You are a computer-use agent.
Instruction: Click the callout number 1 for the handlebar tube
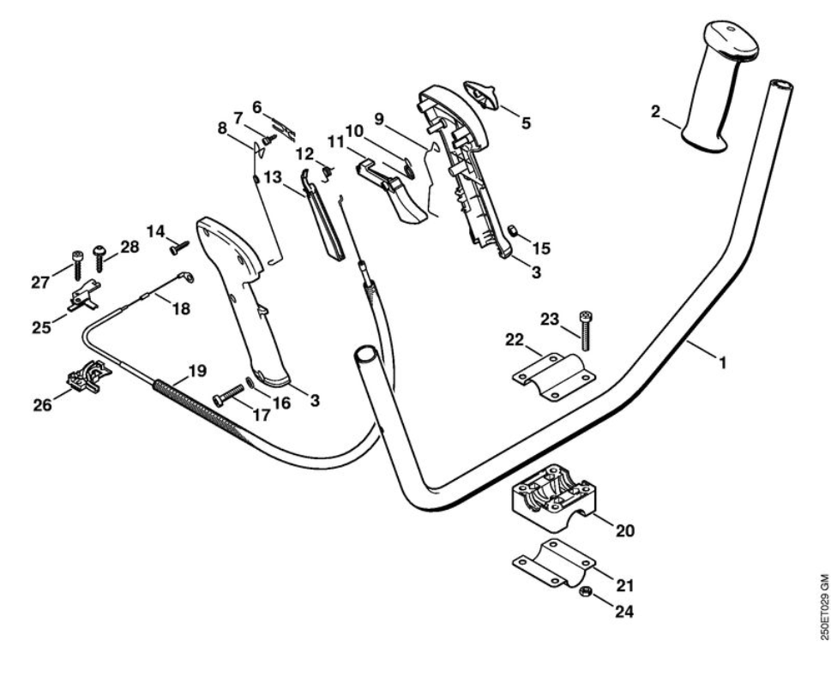tap(722, 362)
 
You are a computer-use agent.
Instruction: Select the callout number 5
tap(526, 123)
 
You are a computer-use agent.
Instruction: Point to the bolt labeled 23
tap(587, 330)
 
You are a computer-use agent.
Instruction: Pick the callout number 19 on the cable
tap(197, 371)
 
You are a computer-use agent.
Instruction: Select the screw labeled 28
tap(99, 257)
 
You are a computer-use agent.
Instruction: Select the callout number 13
tap(273, 177)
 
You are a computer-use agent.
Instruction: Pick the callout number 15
tap(540, 248)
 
